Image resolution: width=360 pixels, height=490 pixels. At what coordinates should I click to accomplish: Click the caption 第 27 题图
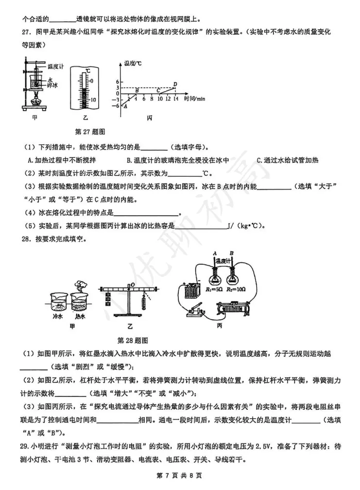pos(90,131)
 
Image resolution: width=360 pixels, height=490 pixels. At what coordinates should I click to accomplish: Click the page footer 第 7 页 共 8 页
pos(180,474)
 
